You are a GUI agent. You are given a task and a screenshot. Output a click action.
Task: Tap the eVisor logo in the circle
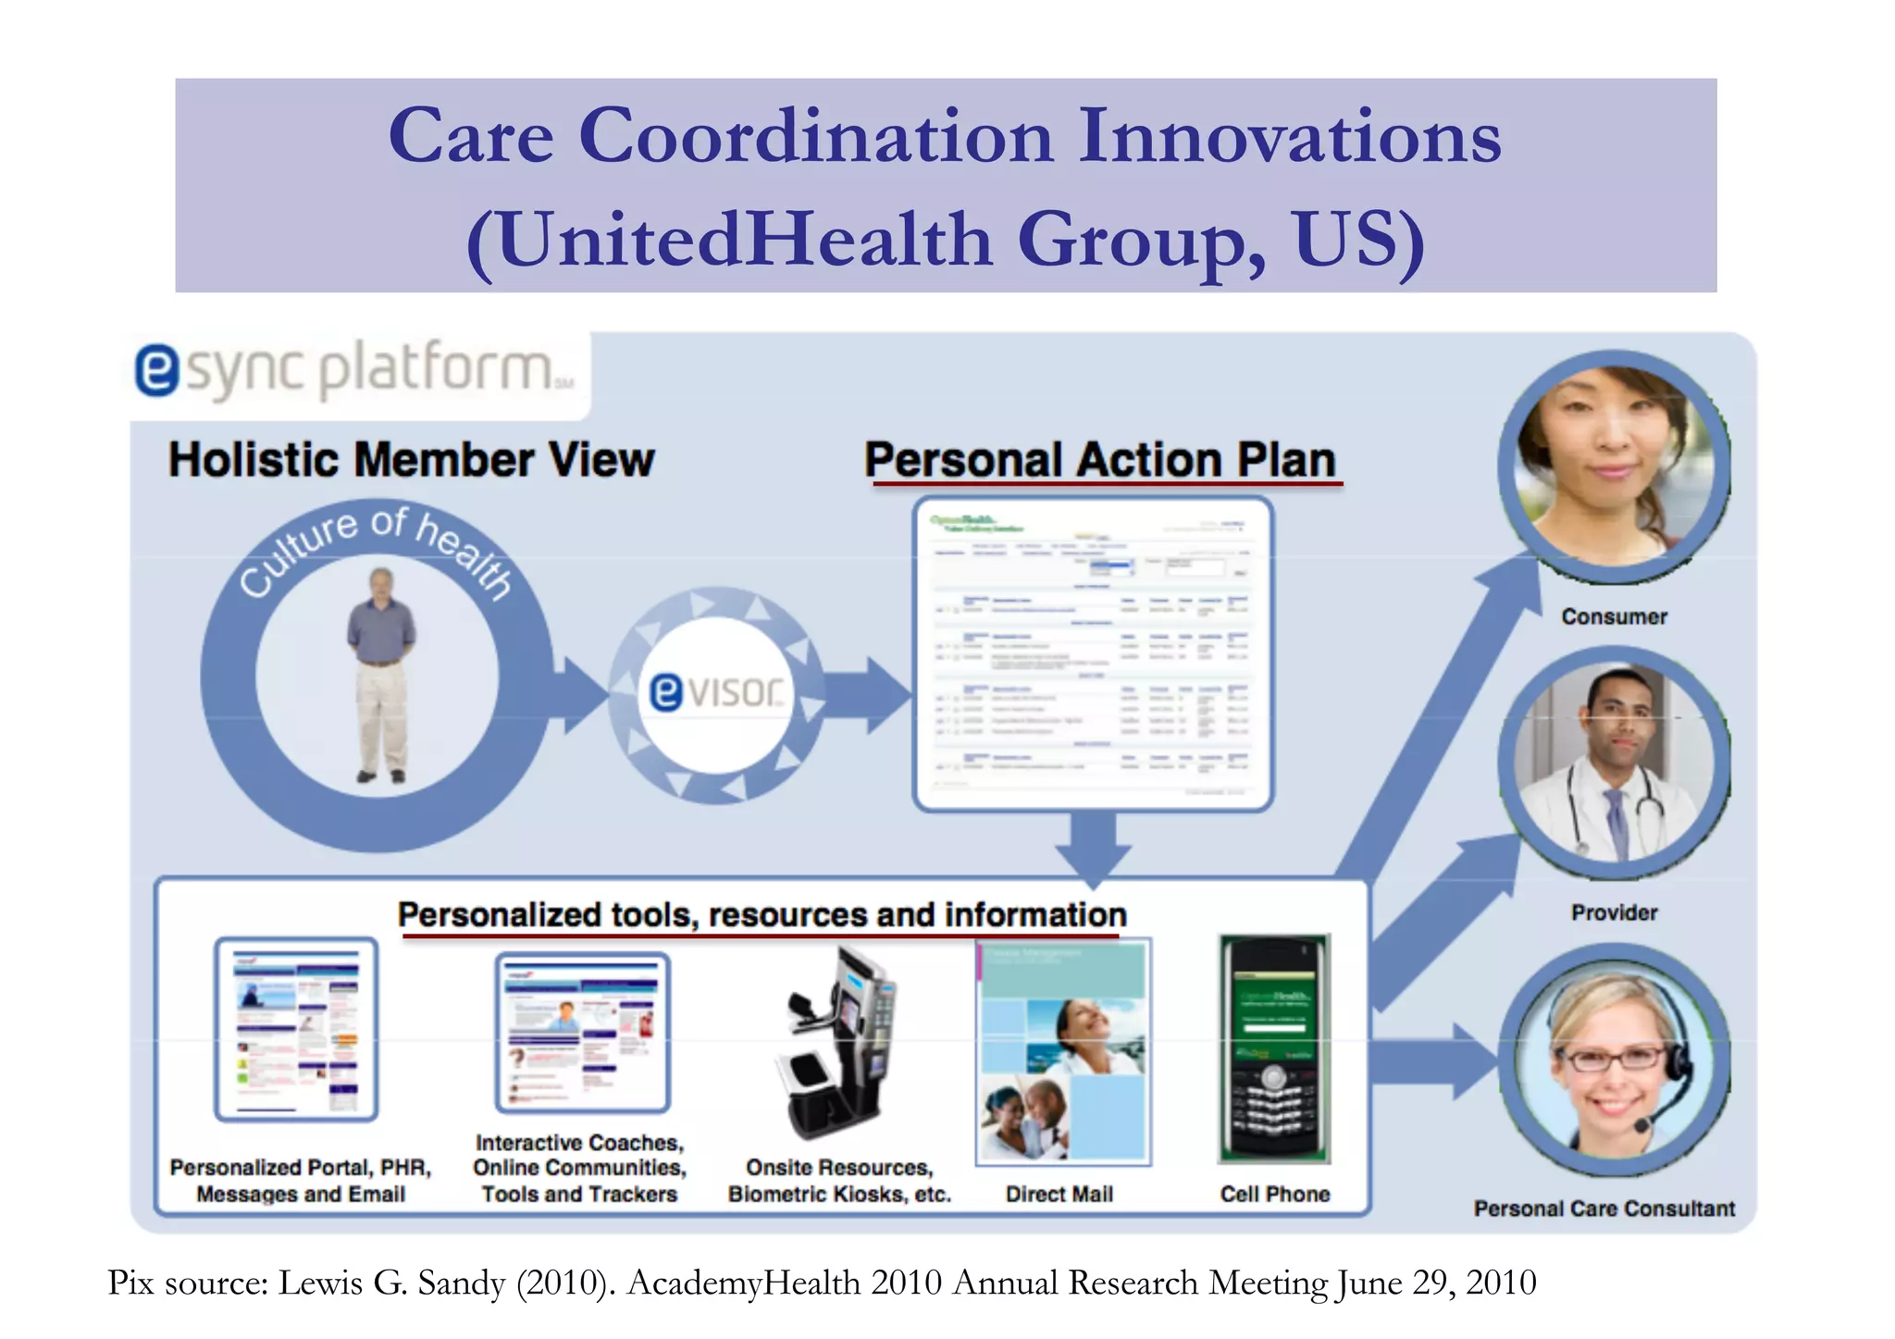pyautogui.click(x=716, y=692)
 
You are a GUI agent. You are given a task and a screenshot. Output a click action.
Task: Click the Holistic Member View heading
pyautogui.click(x=411, y=460)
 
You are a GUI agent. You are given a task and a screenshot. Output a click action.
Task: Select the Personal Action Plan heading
pyautogui.click(x=1100, y=460)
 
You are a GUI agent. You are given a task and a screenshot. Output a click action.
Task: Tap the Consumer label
pyautogui.click(x=1614, y=617)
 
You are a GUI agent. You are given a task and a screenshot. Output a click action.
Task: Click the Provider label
pyautogui.click(x=1614, y=913)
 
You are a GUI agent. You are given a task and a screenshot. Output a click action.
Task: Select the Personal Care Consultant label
pyautogui.click(x=1604, y=1209)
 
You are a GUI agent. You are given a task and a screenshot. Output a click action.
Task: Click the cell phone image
pyautogui.click(x=1274, y=1048)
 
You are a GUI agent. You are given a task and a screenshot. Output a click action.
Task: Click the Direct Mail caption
pyautogui.click(x=1059, y=1195)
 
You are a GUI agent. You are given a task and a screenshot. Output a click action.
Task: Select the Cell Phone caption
pyautogui.click(x=1274, y=1195)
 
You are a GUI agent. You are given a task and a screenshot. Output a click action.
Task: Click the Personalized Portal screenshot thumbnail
pyautogui.click(x=296, y=1029)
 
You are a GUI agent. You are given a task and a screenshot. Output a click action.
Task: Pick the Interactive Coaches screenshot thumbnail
pyautogui.click(x=582, y=1033)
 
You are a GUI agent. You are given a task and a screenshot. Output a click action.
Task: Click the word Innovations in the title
pyautogui.click(x=1290, y=137)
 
